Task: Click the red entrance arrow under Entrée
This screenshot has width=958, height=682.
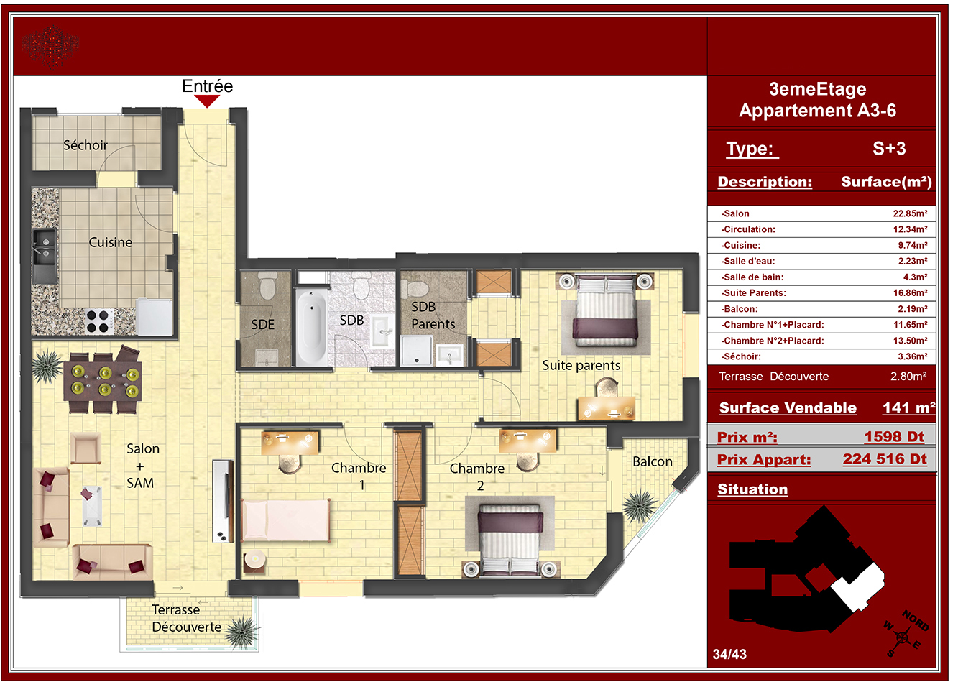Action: [x=207, y=101]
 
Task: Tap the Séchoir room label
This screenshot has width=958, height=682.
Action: [x=86, y=145]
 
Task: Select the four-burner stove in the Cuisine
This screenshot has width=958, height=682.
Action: [x=99, y=321]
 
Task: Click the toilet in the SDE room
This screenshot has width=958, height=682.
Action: [x=268, y=285]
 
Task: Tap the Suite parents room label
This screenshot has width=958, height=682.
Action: [x=581, y=366]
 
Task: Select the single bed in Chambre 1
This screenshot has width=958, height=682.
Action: [x=286, y=520]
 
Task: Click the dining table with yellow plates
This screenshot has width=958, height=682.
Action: [x=103, y=381]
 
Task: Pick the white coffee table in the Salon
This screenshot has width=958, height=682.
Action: [x=91, y=506]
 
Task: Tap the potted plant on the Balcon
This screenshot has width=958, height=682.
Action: [x=639, y=506]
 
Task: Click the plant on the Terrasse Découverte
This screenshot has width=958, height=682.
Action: [x=242, y=632]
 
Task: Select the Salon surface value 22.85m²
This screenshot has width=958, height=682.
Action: [x=910, y=213]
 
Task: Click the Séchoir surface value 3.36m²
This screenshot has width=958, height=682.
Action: [x=912, y=356]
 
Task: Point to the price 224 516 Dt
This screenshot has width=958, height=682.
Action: [x=885, y=458]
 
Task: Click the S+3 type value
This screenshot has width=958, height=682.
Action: [x=889, y=148]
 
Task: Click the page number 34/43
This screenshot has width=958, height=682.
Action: [x=729, y=654]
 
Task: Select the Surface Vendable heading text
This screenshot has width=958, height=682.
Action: [x=788, y=407]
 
